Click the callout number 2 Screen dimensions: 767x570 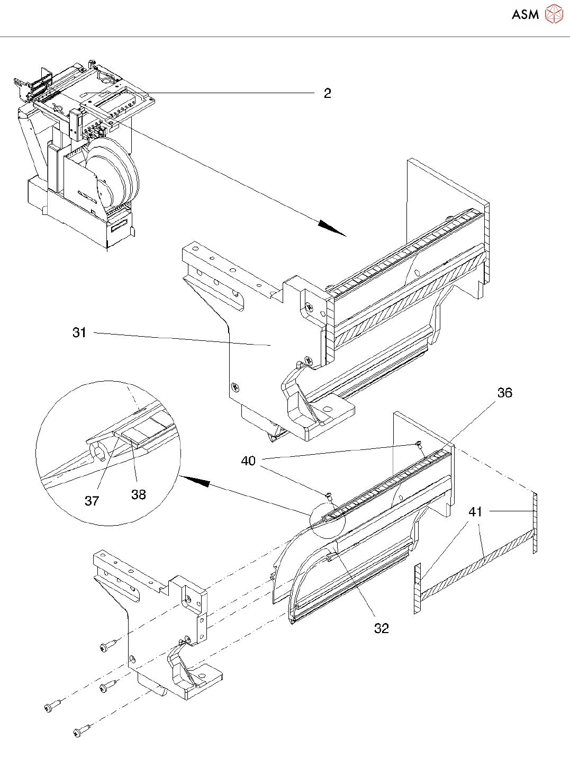(x=327, y=94)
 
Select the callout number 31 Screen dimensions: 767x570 (x=79, y=332)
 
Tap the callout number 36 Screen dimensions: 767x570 (x=504, y=393)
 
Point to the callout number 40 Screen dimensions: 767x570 (x=248, y=461)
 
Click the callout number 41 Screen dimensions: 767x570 (x=475, y=512)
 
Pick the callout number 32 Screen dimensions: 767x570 (x=381, y=628)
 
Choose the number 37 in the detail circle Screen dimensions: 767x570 (x=92, y=501)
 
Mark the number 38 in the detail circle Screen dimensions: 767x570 (x=138, y=494)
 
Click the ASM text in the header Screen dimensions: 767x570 (x=525, y=15)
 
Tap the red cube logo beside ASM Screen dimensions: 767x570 (x=554, y=14)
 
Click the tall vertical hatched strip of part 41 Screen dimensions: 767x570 (x=535, y=523)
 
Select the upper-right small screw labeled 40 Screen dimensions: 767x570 (x=419, y=444)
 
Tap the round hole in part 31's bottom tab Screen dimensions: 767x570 (x=328, y=409)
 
